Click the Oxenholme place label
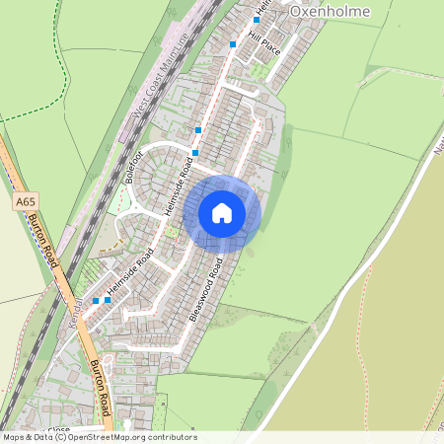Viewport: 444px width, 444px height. point(330,11)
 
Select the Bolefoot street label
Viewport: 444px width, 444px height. point(135,165)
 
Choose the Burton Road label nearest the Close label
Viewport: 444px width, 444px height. point(100,388)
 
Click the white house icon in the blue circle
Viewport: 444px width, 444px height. point(221,213)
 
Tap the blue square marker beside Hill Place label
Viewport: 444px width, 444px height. point(233,44)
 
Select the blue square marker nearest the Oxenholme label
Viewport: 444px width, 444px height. point(257,19)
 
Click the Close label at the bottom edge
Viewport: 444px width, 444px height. point(59,430)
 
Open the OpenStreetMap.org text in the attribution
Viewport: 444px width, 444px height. point(109,437)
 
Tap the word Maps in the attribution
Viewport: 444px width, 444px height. point(14,437)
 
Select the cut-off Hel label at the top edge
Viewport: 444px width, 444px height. point(261,5)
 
